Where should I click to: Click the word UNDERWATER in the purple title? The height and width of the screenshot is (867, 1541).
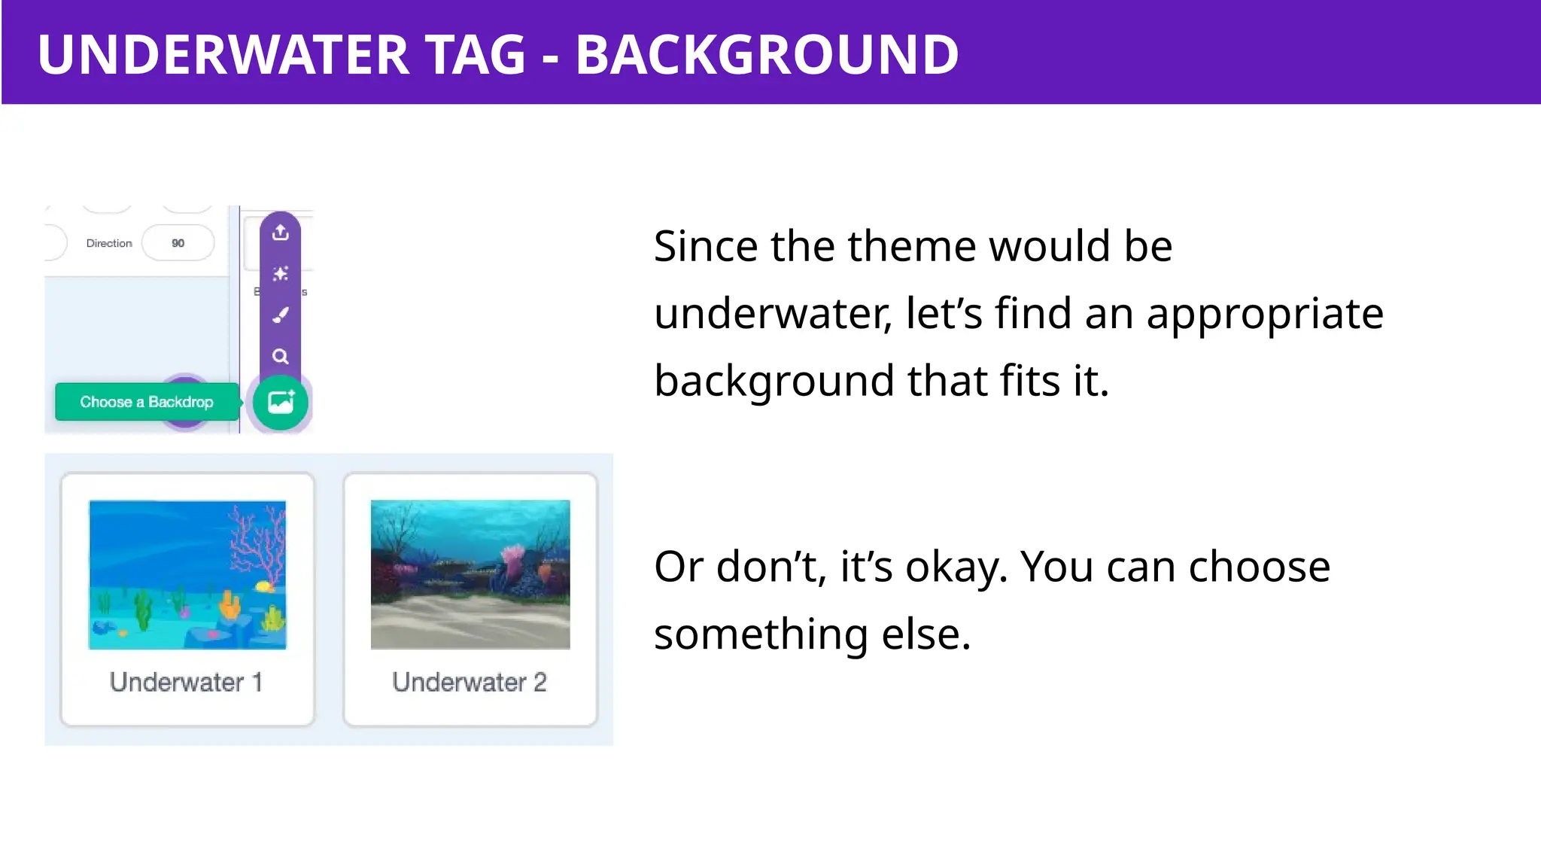tap(223, 54)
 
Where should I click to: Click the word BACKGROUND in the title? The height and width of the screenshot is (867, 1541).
tap(767, 54)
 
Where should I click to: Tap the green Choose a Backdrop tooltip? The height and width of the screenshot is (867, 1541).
tap(147, 402)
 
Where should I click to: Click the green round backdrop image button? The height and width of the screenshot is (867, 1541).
tap(280, 403)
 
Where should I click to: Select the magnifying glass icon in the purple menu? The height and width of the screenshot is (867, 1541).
tap(280, 356)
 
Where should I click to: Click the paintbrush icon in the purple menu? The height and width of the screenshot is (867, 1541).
tap(280, 315)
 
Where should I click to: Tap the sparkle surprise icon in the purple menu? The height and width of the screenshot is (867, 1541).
tap(280, 273)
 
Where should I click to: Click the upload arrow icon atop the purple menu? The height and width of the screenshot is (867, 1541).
tap(280, 232)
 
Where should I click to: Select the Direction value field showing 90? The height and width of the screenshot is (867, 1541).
tap(178, 243)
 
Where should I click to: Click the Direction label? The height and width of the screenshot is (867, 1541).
tap(108, 243)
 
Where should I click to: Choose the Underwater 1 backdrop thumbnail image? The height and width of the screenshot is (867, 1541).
tap(187, 574)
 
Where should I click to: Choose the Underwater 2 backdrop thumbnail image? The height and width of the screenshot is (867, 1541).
tap(470, 574)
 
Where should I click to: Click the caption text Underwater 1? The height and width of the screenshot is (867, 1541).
tap(186, 682)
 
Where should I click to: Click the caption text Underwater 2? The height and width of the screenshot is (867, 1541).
tap(469, 682)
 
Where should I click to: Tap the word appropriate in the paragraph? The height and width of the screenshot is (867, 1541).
tap(1264, 313)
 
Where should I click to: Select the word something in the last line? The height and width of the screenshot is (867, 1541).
tap(761, 634)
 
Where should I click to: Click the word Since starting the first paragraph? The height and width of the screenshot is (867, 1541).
tap(705, 246)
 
